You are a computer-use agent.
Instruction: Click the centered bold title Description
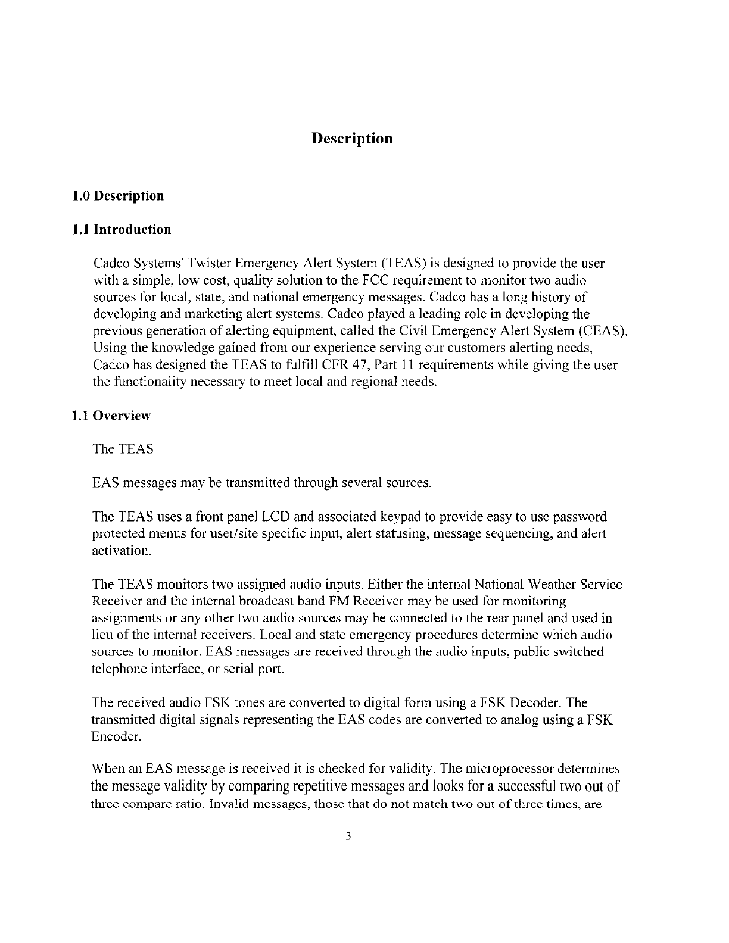(352, 139)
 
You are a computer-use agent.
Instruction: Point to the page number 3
(349, 837)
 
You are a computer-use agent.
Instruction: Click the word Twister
(211, 263)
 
